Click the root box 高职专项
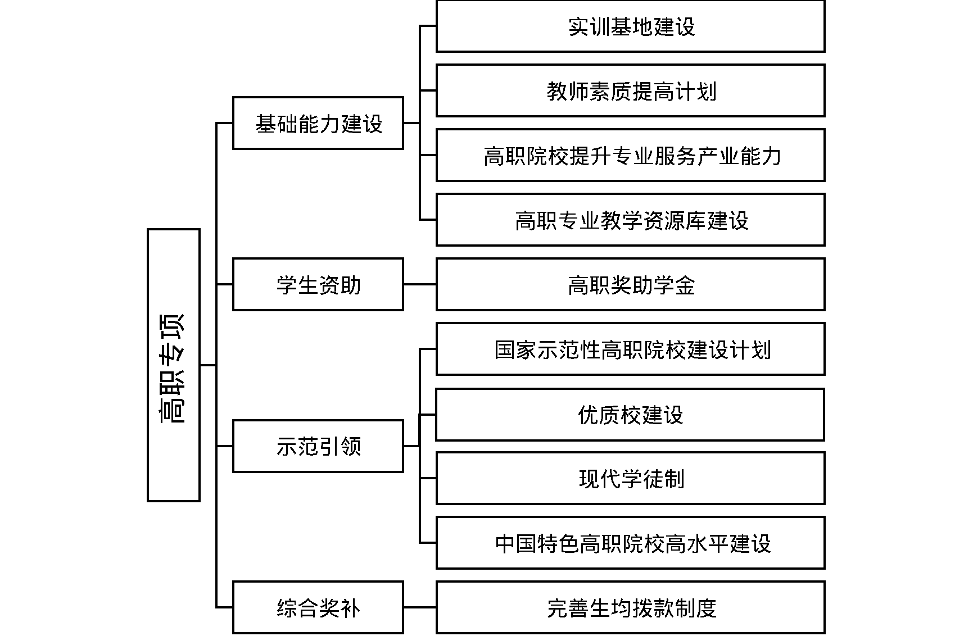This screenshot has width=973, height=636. (x=173, y=365)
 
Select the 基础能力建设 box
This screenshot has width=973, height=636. (x=318, y=123)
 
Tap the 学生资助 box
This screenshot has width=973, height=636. (x=318, y=284)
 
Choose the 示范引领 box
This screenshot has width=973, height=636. (x=318, y=446)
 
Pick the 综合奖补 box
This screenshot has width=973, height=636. (x=318, y=607)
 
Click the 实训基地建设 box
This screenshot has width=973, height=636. (x=630, y=26)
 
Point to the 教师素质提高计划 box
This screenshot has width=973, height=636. (x=630, y=90)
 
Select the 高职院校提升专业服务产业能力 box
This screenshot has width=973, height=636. (x=630, y=155)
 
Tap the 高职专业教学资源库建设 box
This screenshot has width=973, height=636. (x=630, y=220)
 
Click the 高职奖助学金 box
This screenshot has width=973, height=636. (x=630, y=284)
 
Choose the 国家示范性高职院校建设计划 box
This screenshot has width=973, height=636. (x=630, y=349)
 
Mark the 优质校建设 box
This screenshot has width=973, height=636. (x=630, y=415)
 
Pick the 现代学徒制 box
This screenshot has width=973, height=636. (x=630, y=478)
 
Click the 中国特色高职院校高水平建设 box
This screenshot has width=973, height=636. (x=630, y=543)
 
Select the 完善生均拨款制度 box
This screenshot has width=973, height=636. (x=630, y=607)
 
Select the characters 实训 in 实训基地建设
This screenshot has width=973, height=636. (x=589, y=27)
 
